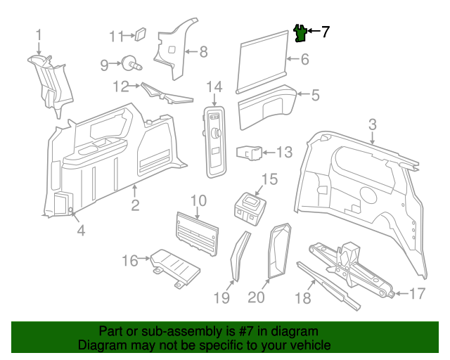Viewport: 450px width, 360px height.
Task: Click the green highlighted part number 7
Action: coord(300,32)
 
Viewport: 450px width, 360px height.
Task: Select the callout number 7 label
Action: coord(325,32)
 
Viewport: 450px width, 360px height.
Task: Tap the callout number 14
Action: coord(214,87)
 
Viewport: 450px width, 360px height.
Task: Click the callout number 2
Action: coord(135,205)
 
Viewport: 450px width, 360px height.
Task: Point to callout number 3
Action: coord(373,124)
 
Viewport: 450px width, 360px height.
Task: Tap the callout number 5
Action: coord(316,94)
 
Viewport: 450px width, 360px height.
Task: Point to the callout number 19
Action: coord(222,297)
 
